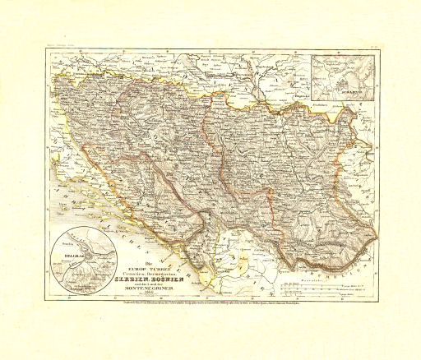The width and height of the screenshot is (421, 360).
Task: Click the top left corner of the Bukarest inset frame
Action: pyautogui.click(x=312, y=54)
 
